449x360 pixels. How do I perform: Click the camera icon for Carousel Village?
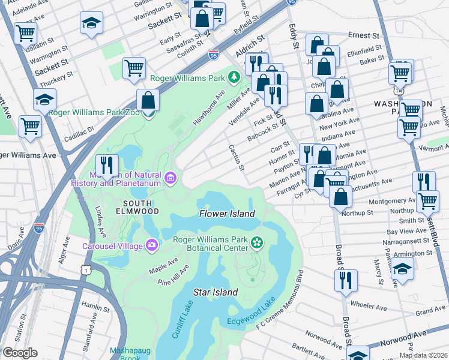pos(152,245)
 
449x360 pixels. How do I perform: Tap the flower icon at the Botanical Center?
pos(257,242)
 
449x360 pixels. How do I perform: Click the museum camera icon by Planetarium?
pos(170,178)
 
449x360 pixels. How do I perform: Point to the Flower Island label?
pos(227,214)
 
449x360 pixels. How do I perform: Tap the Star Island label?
pos(215,292)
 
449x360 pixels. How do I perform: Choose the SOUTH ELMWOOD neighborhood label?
pos(137,206)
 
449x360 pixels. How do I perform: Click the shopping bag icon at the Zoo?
pos(148,100)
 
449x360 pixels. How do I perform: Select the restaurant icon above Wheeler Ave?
pos(346,280)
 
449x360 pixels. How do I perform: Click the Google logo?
pos(20,353)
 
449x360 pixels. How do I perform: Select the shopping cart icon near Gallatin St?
pos(26,34)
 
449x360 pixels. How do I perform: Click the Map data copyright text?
pos(423,355)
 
